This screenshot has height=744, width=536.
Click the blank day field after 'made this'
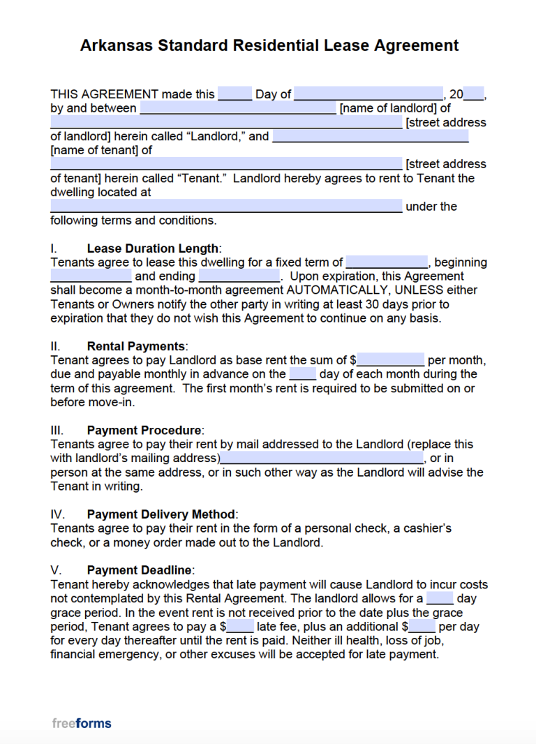tap(234, 94)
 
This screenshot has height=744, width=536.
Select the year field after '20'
tap(473, 94)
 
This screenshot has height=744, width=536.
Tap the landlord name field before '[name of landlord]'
tap(238, 108)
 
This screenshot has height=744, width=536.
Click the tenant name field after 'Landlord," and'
tap(370, 136)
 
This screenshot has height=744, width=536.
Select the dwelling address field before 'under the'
tap(226, 207)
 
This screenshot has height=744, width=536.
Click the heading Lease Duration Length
tap(153, 248)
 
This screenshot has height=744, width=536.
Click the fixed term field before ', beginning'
tap(387, 262)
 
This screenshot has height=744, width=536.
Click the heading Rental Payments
tap(136, 346)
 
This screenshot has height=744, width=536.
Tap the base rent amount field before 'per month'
tap(391, 361)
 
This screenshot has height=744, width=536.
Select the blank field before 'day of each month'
tap(302, 375)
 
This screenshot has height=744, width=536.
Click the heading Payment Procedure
tap(144, 430)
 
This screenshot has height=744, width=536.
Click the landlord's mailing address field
tap(322, 459)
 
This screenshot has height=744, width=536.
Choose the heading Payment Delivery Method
tap(161, 514)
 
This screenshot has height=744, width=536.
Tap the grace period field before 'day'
tap(440, 599)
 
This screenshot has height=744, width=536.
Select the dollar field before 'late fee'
tap(240, 627)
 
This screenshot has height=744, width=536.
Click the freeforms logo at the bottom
tap(81, 723)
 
